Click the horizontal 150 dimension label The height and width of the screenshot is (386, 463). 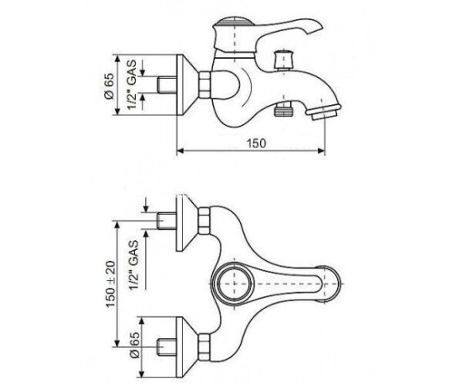pyautogui.click(x=257, y=143)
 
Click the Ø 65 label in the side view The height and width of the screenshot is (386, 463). pyautogui.click(x=109, y=86)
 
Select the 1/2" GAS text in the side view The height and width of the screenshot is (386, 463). pyautogui.click(x=132, y=84)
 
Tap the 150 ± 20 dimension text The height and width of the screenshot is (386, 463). pyautogui.click(x=111, y=284)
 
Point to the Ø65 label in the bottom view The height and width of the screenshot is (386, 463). pyautogui.click(x=134, y=345)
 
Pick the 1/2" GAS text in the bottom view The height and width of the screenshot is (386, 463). pyautogui.click(x=133, y=265)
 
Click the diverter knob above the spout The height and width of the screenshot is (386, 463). pyautogui.click(x=283, y=60)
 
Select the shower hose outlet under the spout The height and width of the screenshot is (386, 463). pyautogui.click(x=283, y=110)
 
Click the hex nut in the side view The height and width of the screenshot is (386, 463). pyautogui.click(x=205, y=85)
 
